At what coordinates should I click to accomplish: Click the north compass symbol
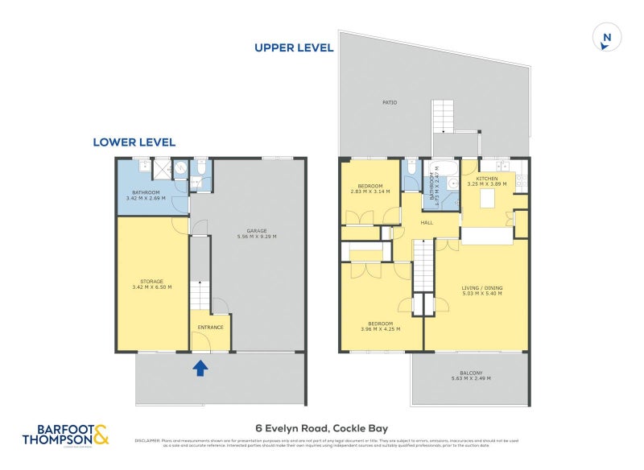(606, 38)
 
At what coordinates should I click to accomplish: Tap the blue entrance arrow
(200, 369)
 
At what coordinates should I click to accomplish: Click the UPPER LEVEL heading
(294, 47)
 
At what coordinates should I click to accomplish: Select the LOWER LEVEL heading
(134, 142)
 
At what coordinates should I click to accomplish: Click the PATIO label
(390, 102)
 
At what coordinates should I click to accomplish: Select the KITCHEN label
(487, 178)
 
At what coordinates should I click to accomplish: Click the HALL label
(427, 223)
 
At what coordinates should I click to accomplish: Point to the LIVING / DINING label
(481, 287)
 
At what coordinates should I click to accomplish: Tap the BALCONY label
(471, 373)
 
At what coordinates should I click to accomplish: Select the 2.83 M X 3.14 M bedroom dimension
(369, 192)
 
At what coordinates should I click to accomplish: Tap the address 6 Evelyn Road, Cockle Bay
(322, 429)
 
